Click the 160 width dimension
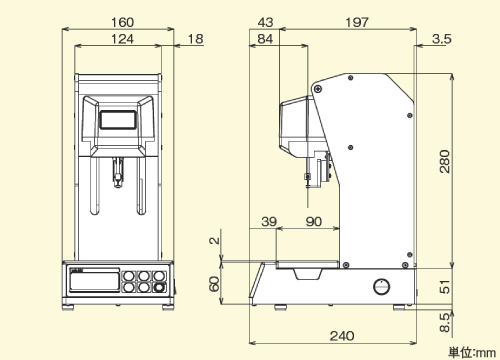coord(122,22)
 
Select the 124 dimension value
coord(122,39)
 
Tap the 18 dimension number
coord(195,39)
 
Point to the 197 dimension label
coord(357,22)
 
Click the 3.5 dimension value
coord(442,39)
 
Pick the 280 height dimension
coord(445,162)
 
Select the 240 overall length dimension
coord(342,336)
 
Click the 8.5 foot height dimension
coord(445,323)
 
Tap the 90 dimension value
coord(314,221)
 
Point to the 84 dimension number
coord(265,39)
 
